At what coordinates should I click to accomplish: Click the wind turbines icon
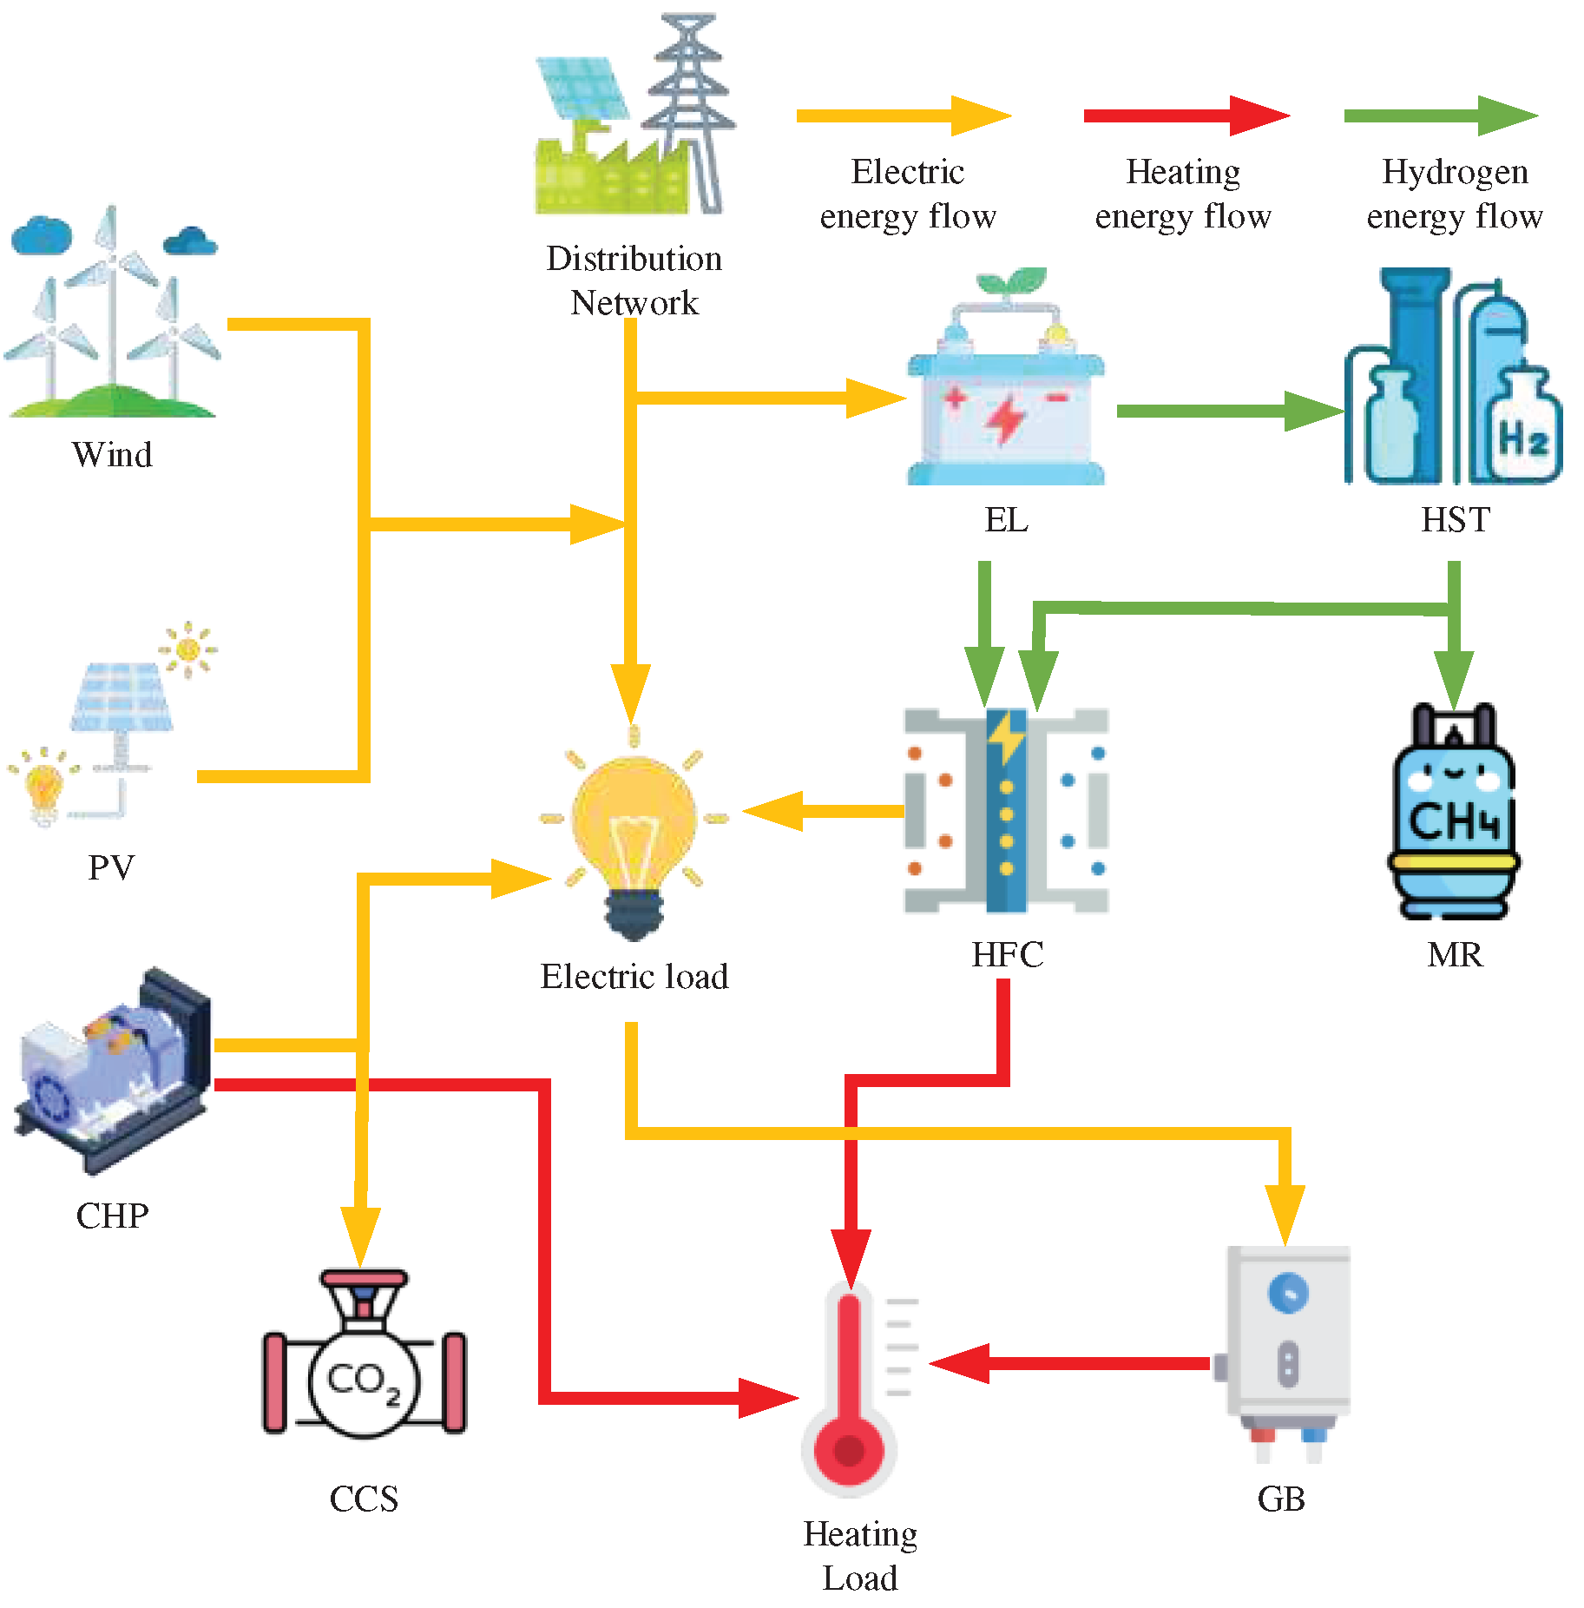(113, 313)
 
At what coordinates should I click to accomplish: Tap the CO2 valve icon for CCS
(364, 1354)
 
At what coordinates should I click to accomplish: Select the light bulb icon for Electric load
(634, 834)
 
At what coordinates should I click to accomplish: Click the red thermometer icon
(850, 1389)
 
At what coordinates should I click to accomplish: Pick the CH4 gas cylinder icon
(1454, 812)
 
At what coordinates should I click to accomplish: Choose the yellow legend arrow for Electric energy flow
(903, 115)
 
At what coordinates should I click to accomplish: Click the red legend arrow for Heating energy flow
(1186, 115)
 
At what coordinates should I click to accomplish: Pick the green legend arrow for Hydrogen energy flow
(1441, 115)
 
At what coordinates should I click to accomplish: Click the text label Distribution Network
(634, 280)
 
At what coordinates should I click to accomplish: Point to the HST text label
(1456, 519)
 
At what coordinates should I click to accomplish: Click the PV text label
(111, 867)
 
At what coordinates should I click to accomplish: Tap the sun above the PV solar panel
(187, 649)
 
